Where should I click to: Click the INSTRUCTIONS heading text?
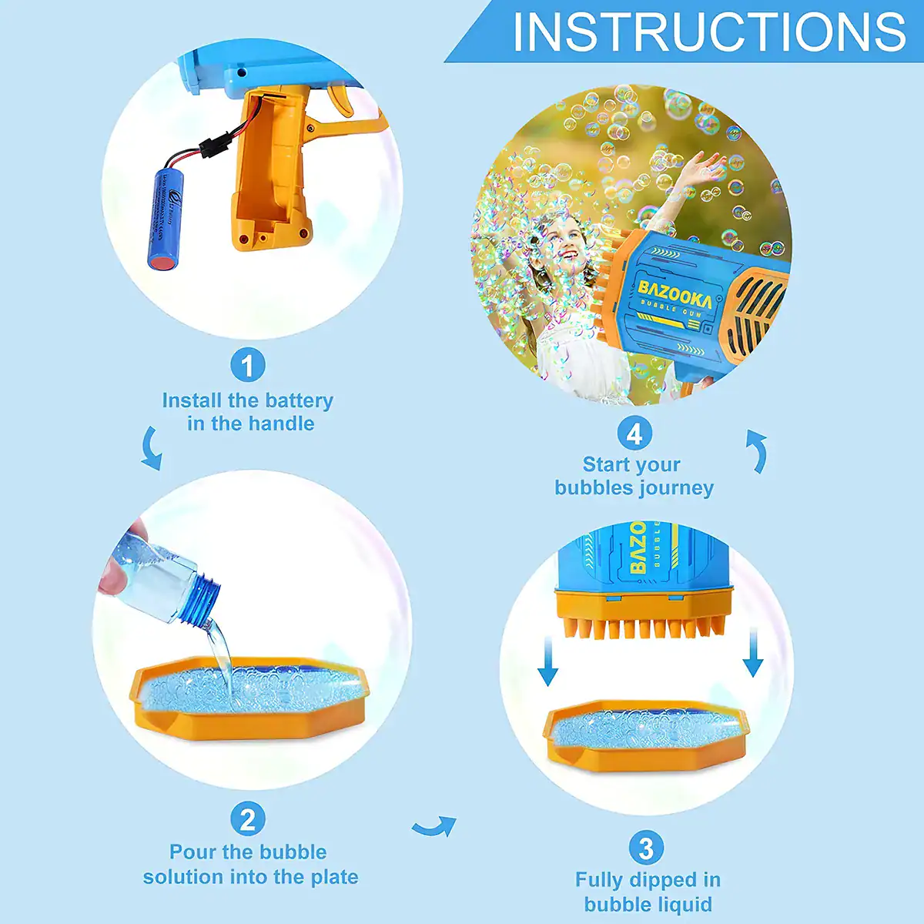[x=708, y=32]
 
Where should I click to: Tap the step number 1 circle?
[x=247, y=365]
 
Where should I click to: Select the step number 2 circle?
[x=247, y=819]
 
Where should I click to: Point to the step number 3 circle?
[x=646, y=848]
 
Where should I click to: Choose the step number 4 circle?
[x=634, y=434]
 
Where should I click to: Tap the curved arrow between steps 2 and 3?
[x=434, y=827]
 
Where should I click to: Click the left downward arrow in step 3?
[x=547, y=660]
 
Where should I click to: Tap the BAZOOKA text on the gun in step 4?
[x=674, y=293]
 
